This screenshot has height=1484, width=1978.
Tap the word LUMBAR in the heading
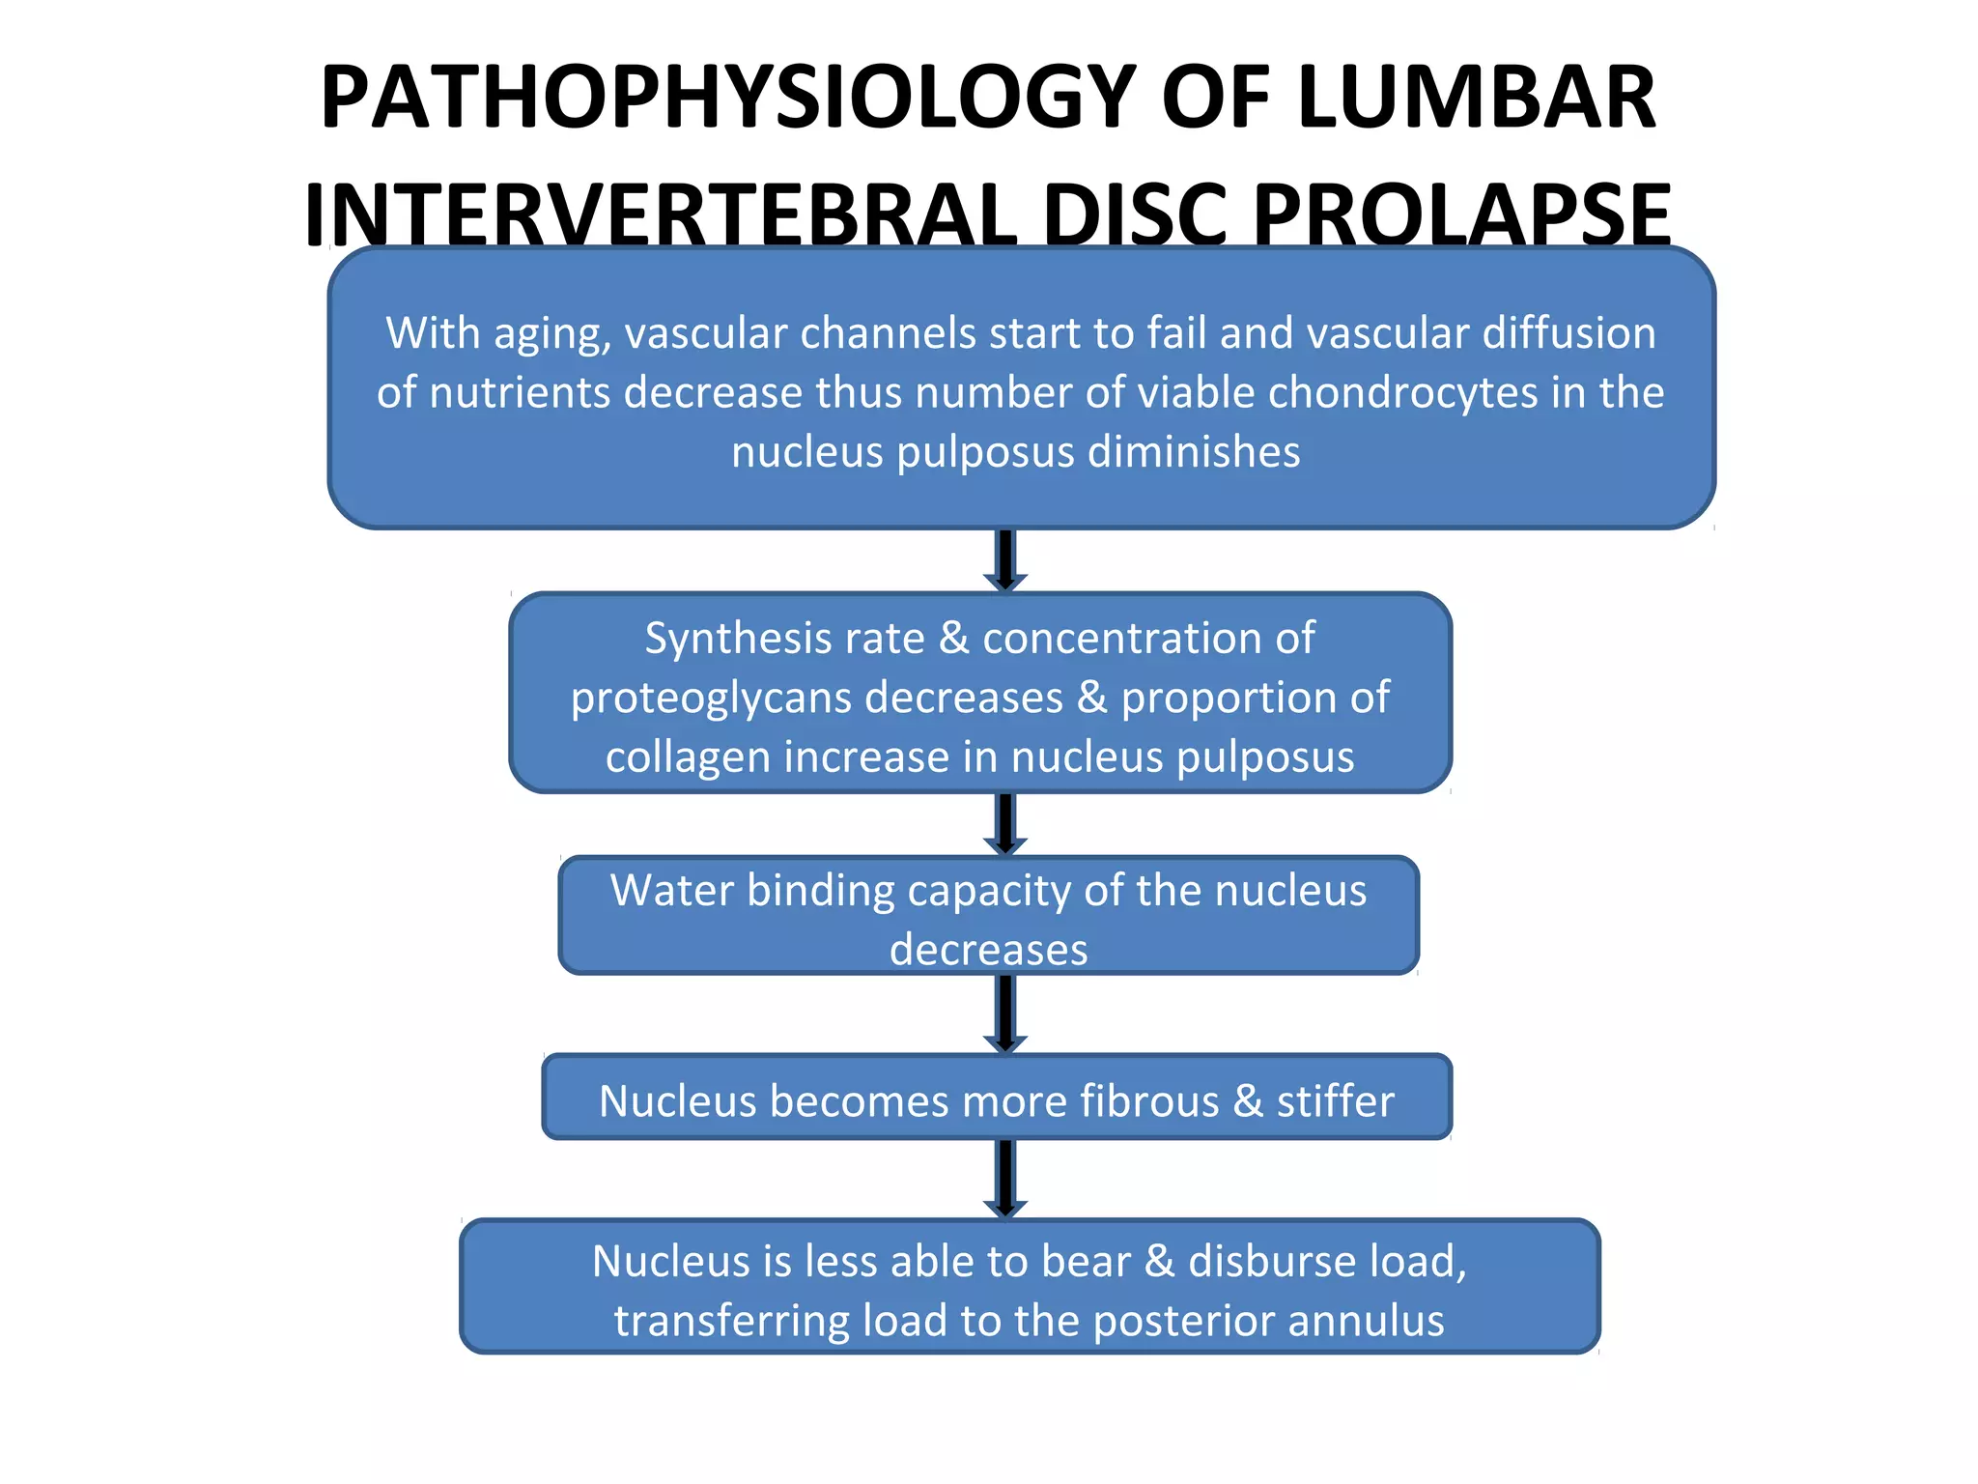pyautogui.click(x=1477, y=98)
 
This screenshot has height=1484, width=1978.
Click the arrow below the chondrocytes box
pyautogui.click(x=1005, y=560)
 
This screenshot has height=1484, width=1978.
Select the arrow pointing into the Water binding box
pyautogui.click(x=1005, y=824)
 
